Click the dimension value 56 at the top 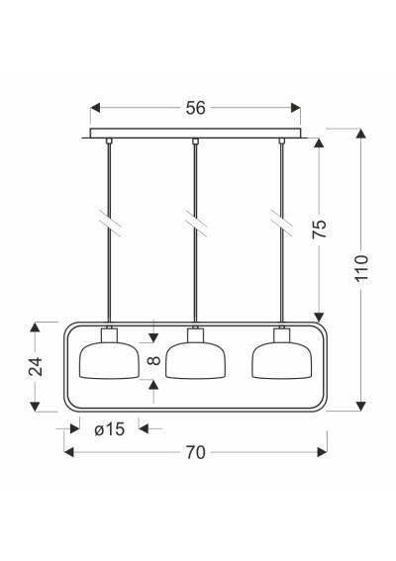click(x=195, y=108)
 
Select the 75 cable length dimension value click(x=320, y=229)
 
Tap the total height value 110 click(x=361, y=267)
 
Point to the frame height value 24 click(x=36, y=366)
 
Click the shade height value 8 click(x=154, y=360)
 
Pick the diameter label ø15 click(x=110, y=429)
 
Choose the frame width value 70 click(x=195, y=452)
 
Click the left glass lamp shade click(x=109, y=360)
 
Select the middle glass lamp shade click(x=195, y=360)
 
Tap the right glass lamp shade click(x=282, y=360)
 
